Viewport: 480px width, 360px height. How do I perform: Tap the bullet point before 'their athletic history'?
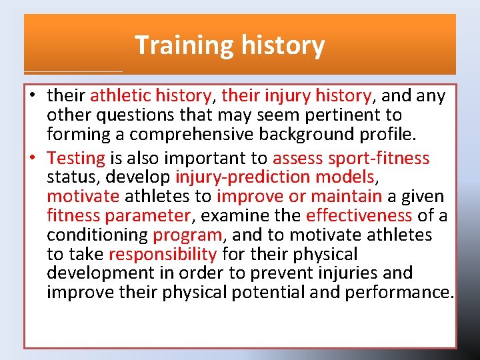point(32,96)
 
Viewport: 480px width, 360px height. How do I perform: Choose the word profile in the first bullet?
point(387,134)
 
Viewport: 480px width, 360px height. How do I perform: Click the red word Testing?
point(76,158)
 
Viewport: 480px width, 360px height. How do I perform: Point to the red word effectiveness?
point(359,216)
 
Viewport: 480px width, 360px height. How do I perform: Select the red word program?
point(187,235)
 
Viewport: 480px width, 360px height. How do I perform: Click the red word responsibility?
point(162,254)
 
